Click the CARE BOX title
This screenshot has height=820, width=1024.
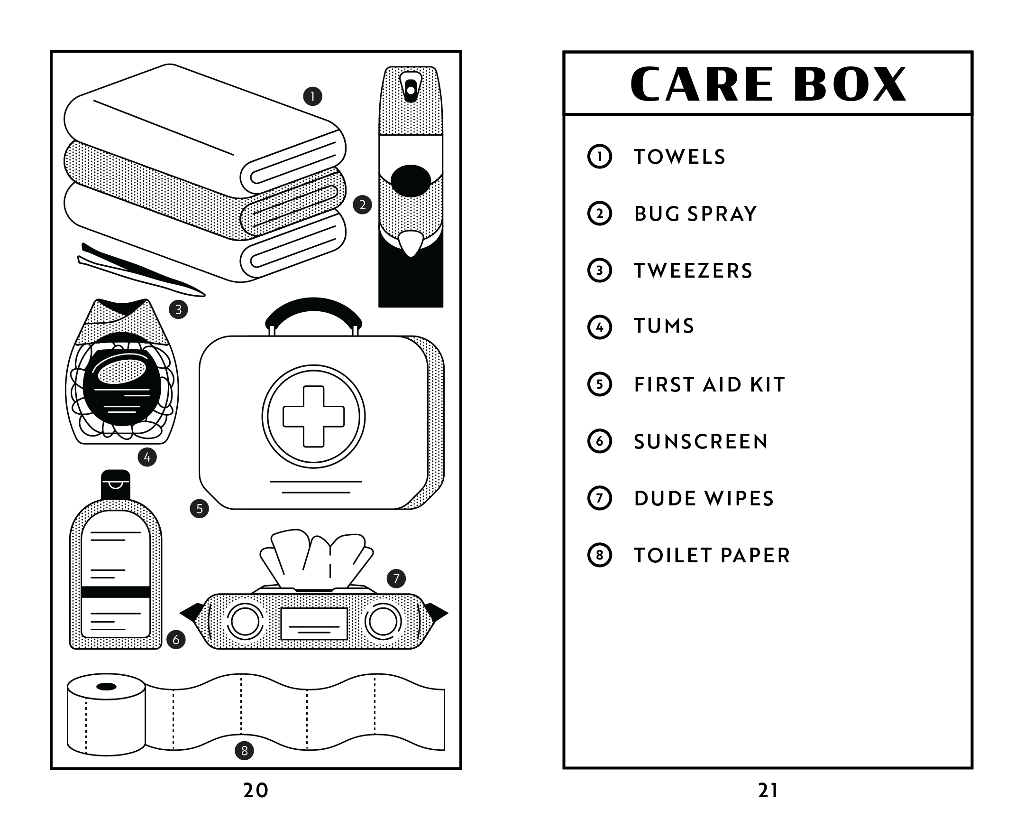click(768, 84)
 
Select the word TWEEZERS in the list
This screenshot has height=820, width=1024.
click(693, 271)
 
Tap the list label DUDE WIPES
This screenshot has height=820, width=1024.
click(704, 499)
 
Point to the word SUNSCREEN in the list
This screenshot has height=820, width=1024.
click(701, 442)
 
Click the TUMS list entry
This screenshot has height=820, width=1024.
click(664, 326)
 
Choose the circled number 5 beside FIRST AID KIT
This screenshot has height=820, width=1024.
click(599, 384)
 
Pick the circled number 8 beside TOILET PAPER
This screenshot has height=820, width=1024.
click(599, 555)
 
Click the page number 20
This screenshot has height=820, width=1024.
click(256, 790)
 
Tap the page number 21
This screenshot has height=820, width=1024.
click(768, 790)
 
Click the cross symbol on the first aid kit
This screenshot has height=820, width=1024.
click(313, 417)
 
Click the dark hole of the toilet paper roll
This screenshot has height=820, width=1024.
click(106, 687)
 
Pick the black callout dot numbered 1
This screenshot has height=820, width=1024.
click(312, 96)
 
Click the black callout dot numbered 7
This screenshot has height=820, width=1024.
click(396, 578)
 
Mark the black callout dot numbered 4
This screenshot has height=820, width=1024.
click(147, 457)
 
